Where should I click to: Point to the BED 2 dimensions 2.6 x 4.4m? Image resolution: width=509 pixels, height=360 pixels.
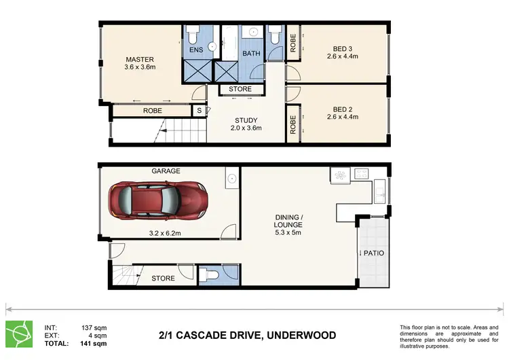[x=345, y=117]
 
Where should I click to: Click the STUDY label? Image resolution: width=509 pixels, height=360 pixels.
[x=246, y=120]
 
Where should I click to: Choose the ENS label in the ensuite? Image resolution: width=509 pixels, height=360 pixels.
[x=196, y=50]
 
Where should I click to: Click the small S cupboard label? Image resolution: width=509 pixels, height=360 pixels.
[x=199, y=111]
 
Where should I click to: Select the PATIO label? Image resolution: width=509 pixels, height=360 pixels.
[x=373, y=253]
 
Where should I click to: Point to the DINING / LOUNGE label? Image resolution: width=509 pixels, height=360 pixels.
[x=289, y=220]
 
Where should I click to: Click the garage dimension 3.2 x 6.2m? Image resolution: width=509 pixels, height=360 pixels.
[x=166, y=232]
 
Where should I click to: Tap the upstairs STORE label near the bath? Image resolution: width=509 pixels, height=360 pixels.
[x=240, y=89]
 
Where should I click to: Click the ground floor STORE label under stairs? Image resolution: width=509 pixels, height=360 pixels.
[x=163, y=278]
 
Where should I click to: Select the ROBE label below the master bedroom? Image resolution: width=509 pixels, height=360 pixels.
[x=152, y=111]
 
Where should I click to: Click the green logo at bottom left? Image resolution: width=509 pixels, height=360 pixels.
[x=19, y=334]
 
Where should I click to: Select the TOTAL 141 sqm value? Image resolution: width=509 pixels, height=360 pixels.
[x=94, y=344]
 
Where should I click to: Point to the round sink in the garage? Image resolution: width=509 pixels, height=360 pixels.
[x=231, y=179]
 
